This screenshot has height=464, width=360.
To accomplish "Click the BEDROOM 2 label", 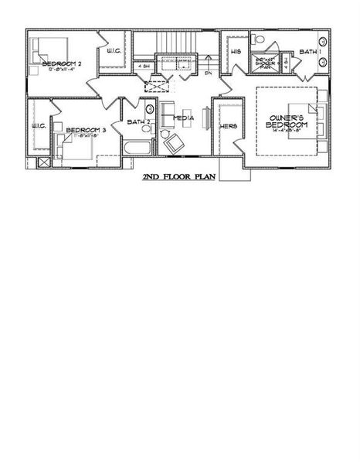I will point(61,63).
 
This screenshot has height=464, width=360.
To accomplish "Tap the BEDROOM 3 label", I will point(85,130).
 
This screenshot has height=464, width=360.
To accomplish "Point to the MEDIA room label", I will point(183,118).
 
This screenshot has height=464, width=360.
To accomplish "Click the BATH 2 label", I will point(139,122).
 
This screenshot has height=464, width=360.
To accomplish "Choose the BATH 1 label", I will point(309,52).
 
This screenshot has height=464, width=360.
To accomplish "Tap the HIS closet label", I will point(236,52).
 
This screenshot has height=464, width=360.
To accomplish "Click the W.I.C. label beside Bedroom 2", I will point(113,52).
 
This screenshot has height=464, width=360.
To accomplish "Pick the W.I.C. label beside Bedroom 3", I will point(39,126).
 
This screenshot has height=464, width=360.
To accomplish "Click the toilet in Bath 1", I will point(260,39).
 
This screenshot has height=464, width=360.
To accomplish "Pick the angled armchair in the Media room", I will point(174,142).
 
